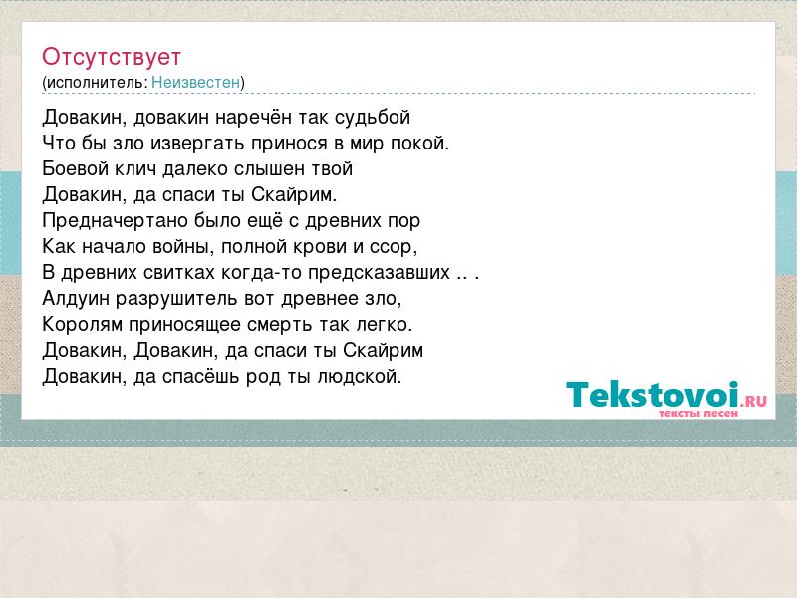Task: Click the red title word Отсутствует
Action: (112, 57)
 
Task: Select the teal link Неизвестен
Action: (195, 82)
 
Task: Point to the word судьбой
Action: (373, 118)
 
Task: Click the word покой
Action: (419, 144)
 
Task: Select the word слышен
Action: (269, 169)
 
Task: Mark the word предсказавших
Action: (379, 273)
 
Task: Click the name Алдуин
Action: (76, 298)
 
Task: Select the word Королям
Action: (83, 325)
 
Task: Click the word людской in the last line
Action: (360, 377)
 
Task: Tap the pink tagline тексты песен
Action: (698, 414)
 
